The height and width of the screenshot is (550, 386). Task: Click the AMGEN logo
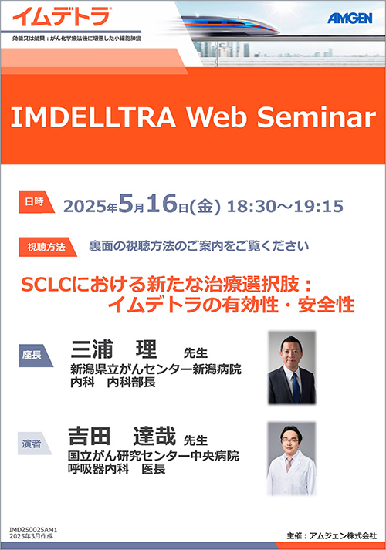click(x=350, y=18)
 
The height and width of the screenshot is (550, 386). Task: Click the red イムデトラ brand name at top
click(x=61, y=16)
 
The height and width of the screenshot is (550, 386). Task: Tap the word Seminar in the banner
click(x=317, y=116)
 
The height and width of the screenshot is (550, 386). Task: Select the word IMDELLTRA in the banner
click(x=93, y=116)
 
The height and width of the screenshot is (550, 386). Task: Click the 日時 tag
click(x=36, y=201)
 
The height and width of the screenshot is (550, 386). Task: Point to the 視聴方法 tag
click(x=46, y=247)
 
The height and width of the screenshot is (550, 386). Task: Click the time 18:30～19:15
click(x=285, y=206)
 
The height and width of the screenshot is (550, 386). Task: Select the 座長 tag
click(x=34, y=356)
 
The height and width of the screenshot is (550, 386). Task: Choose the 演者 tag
click(x=33, y=444)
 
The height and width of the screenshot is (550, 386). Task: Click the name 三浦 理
click(x=113, y=349)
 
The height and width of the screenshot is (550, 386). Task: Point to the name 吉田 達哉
click(x=122, y=436)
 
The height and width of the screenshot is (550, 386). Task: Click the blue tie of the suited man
click(x=296, y=387)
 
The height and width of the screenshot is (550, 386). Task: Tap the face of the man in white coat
click(x=291, y=441)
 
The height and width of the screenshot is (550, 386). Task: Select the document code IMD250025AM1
click(x=33, y=530)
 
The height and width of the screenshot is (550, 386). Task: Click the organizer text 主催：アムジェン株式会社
click(x=331, y=535)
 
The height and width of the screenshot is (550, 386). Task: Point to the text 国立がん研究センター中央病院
click(x=154, y=456)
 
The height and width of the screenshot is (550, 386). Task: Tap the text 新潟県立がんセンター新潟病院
click(x=156, y=369)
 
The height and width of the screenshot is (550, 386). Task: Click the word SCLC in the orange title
click(x=46, y=285)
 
